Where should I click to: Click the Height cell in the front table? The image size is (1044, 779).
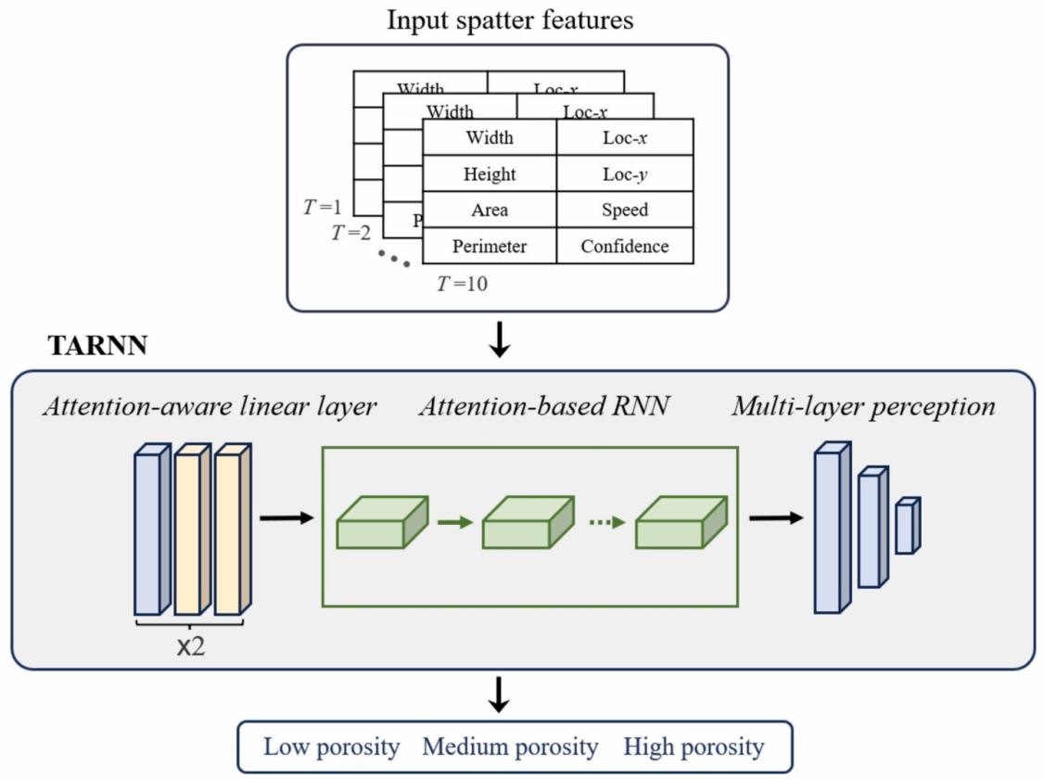[x=489, y=173]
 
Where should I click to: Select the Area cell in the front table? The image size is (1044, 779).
[x=489, y=210]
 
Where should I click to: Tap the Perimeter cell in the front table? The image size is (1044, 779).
[x=489, y=247]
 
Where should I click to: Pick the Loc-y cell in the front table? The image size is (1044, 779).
[x=625, y=173]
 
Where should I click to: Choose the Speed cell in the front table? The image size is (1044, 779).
[x=625, y=210]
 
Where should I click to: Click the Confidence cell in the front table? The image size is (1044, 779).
[x=625, y=247]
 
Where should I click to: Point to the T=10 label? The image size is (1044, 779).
[x=462, y=284]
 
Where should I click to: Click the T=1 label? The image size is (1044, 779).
[x=323, y=207]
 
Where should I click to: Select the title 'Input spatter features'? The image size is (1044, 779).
[x=509, y=20]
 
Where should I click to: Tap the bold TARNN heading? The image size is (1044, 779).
[x=96, y=347]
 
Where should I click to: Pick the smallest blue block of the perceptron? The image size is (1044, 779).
[x=906, y=527]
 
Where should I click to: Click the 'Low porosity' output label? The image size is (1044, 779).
[x=331, y=747]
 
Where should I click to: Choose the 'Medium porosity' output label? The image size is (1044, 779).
[x=510, y=747]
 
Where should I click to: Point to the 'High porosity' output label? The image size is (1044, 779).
[x=694, y=747]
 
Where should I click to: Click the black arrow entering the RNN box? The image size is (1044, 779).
[x=287, y=517]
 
